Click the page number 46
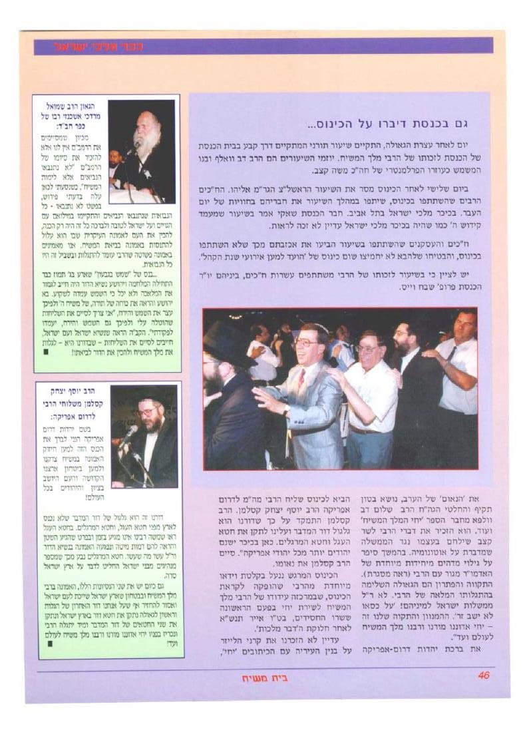[484, 676]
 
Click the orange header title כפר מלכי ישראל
[98, 47]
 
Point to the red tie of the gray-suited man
[301, 381]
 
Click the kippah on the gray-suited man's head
[309, 326]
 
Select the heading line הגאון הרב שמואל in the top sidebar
[75, 106]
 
